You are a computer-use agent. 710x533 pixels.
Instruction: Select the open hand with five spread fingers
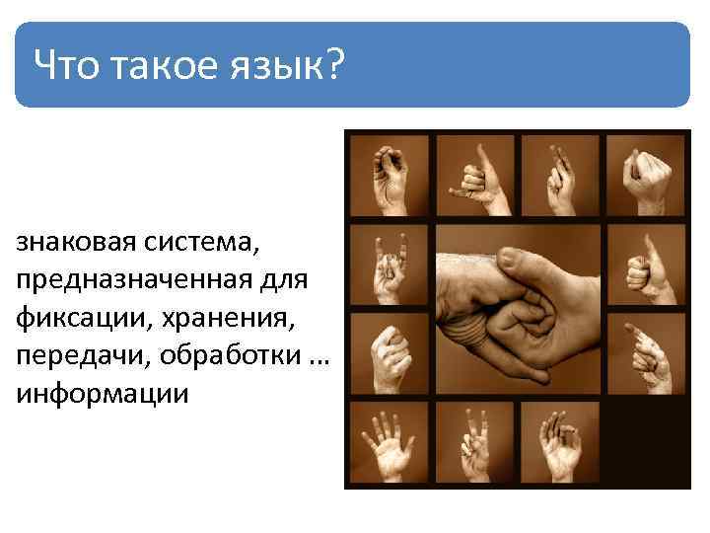pos(387,444)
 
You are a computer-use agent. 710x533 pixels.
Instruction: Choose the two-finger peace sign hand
pos(472,444)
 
